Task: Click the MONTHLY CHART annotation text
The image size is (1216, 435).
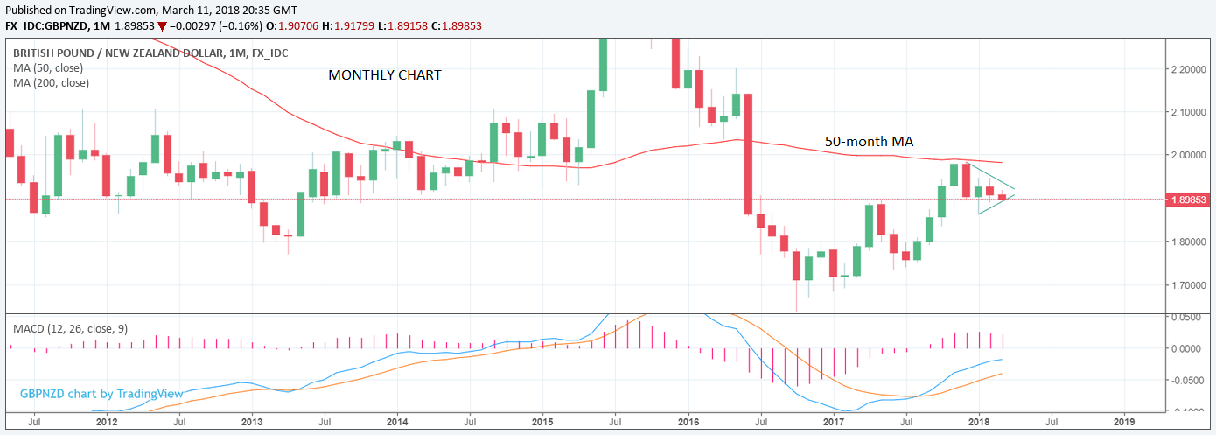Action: tap(385, 75)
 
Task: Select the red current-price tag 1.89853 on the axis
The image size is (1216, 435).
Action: tap(1191, 200)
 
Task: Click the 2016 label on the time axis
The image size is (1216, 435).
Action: tap(688, 421)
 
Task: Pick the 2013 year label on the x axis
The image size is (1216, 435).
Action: tap(252, 421)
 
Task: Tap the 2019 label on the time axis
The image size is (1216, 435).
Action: tap(1124, 421)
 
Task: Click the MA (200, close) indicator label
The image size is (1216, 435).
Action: tap(51, 82)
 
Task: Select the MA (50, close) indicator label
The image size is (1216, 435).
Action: tap(48, 67)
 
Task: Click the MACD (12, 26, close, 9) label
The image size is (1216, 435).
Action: tap(70, 328)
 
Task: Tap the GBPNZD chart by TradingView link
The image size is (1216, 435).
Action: tap(101, 394)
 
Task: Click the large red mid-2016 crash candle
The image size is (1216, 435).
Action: tap(749, 154)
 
